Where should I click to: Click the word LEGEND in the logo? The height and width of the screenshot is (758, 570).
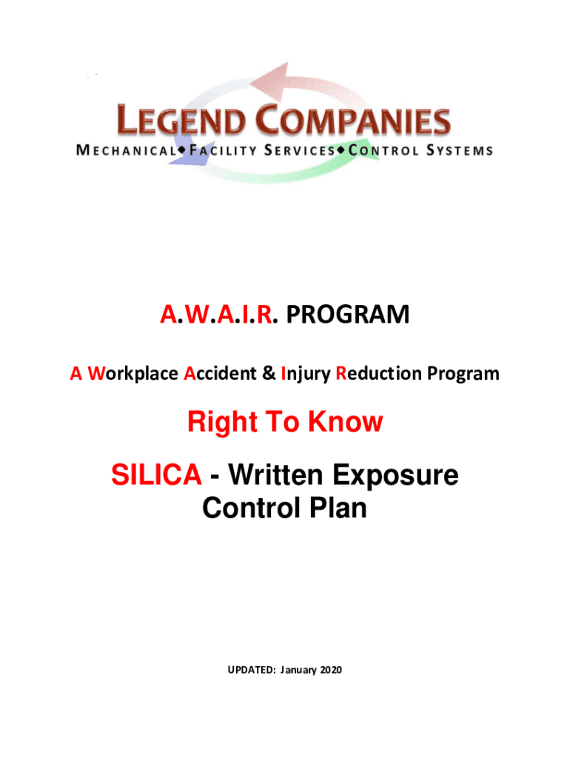(181, 121)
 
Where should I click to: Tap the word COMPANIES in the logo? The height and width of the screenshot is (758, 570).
(353, 121)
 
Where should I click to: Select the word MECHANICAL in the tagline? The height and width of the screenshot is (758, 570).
(127, 150)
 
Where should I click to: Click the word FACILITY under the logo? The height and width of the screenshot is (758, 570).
(223, 150)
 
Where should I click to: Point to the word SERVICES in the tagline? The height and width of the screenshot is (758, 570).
(300, 150)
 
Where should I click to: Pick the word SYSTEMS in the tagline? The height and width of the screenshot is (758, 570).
(459, 150)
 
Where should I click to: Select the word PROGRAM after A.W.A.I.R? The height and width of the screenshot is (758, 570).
(348, 314)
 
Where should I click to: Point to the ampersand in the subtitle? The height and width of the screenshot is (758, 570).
(269, 373)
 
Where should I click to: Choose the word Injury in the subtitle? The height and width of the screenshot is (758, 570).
(306, 375)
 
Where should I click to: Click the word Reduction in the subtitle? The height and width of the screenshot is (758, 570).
(379, 373)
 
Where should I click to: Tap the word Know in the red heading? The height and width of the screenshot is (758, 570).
(345, 421)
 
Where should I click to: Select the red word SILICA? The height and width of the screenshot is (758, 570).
(156, 474)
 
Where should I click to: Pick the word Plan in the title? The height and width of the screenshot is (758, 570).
(338, 508)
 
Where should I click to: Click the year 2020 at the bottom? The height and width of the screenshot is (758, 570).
(331, 670)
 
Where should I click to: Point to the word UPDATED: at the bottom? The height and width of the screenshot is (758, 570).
(252, 670)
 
